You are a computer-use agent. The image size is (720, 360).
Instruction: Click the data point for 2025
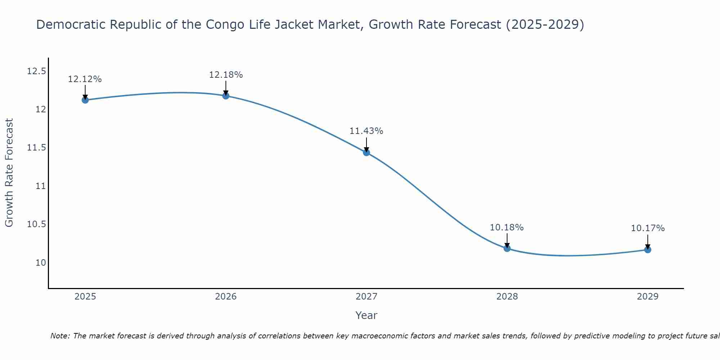tap(85, 100)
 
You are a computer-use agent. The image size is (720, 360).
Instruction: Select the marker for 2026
tap(226, 95)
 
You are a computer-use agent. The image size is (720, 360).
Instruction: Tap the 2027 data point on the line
tap(366, 152)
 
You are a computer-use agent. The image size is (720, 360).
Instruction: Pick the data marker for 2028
tap(507, 248)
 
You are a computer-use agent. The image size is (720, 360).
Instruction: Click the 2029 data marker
tap(648, 249)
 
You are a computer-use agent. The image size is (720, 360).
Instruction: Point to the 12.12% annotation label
tap(85, 79)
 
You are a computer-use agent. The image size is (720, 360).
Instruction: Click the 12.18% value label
tap(226, 75)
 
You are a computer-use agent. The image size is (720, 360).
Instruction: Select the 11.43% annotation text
tap(366, 131)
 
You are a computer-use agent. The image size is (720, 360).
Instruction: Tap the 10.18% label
tap(507, 228)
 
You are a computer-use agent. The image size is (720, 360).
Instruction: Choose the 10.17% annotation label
tap(648, 228)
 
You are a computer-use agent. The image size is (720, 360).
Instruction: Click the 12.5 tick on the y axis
tap(37, 71)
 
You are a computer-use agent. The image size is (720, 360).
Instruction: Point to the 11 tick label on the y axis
tap(41, 186)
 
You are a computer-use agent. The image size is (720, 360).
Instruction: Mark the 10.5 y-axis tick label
tap(37, 224)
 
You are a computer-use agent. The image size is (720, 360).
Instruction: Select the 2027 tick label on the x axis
tap(366, 297)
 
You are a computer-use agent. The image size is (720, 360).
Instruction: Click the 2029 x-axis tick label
tap(648, 297)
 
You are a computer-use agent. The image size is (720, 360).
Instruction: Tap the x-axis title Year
tap(366, 315)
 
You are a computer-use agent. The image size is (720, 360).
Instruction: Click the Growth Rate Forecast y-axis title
tap(9, 173)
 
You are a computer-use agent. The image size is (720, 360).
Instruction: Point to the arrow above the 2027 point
tap(366, 144)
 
